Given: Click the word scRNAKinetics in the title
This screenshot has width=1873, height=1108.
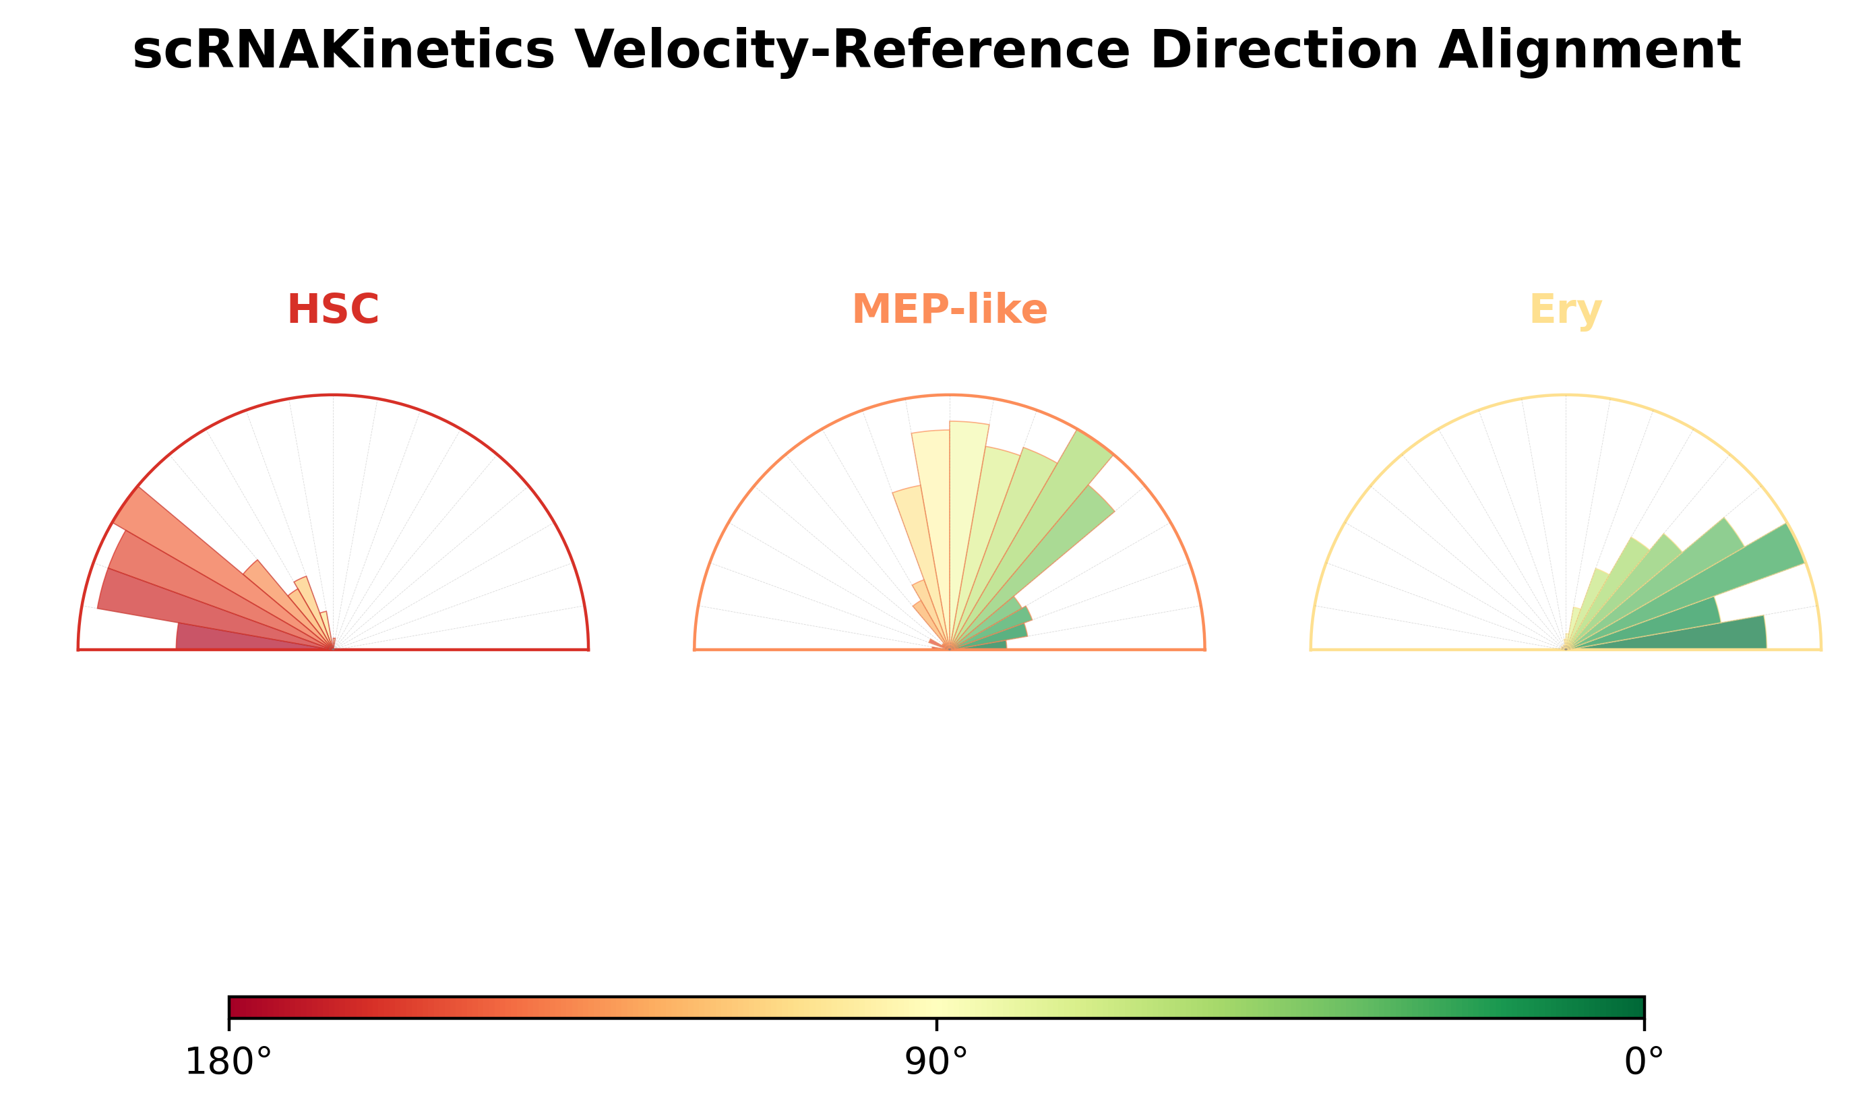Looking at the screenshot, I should click(344, 51).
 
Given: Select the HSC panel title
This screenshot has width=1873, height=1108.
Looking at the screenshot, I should click(333, 309).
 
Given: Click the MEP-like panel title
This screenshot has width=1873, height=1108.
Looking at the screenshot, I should click(950, 309).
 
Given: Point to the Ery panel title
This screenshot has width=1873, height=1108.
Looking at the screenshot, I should click(1566, 309).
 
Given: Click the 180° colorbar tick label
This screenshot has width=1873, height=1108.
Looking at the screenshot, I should click(228, 1061).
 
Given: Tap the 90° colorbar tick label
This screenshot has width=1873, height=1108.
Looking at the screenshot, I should click(936, 1061).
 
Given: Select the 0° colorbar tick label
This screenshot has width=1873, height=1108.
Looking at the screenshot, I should click(1644, 1061).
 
